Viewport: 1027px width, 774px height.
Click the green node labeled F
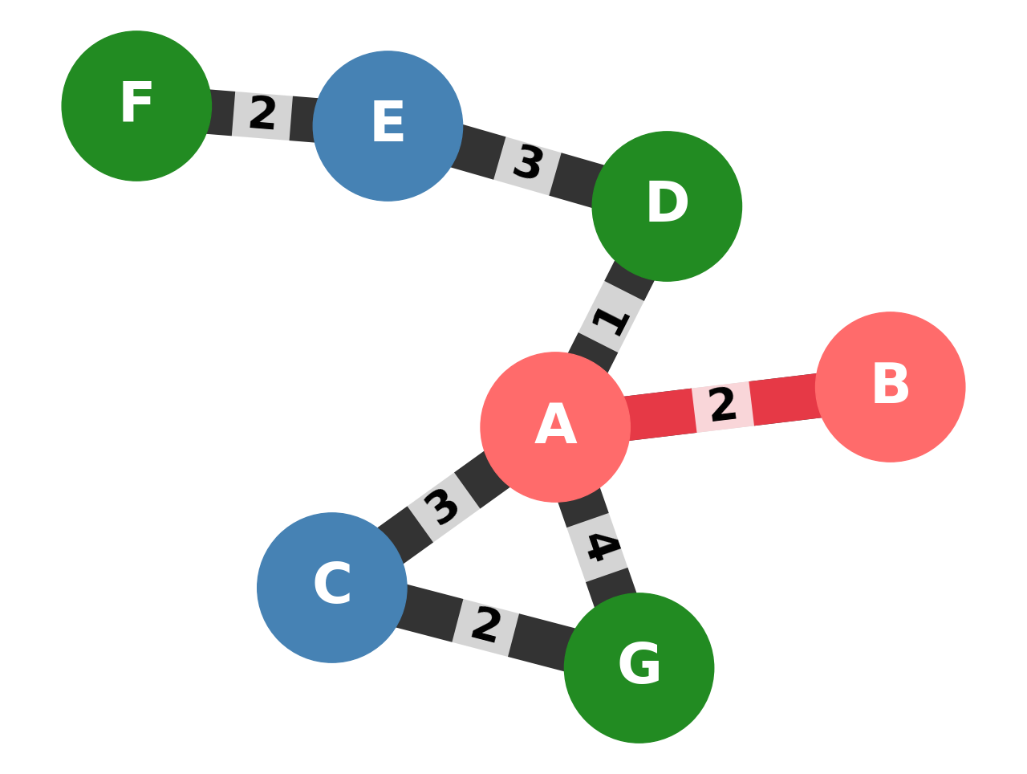(x=136, y=106)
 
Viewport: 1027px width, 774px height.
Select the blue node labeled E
(x=388, y=126)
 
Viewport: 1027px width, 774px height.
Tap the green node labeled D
(x=667, y=206)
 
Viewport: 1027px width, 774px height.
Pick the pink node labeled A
(x=555, y=427)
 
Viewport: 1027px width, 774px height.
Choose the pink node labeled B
(x=890, y=387)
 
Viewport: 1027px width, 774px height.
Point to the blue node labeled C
(x=332, y=587)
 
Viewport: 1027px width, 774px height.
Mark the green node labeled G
(x=639, y=667)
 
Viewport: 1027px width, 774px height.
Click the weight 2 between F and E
(x=262, y=115)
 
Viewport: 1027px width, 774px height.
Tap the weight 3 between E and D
(x=527, y=165)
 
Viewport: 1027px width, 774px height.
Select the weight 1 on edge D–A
(x=611, y=320)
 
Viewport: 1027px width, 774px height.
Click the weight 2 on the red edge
(x=722, y=406)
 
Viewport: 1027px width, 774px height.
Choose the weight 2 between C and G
(x=485, y=626)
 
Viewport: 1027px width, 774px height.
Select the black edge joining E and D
(x=574, y=178)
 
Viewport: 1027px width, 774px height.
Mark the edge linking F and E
(x=302, y=118)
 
